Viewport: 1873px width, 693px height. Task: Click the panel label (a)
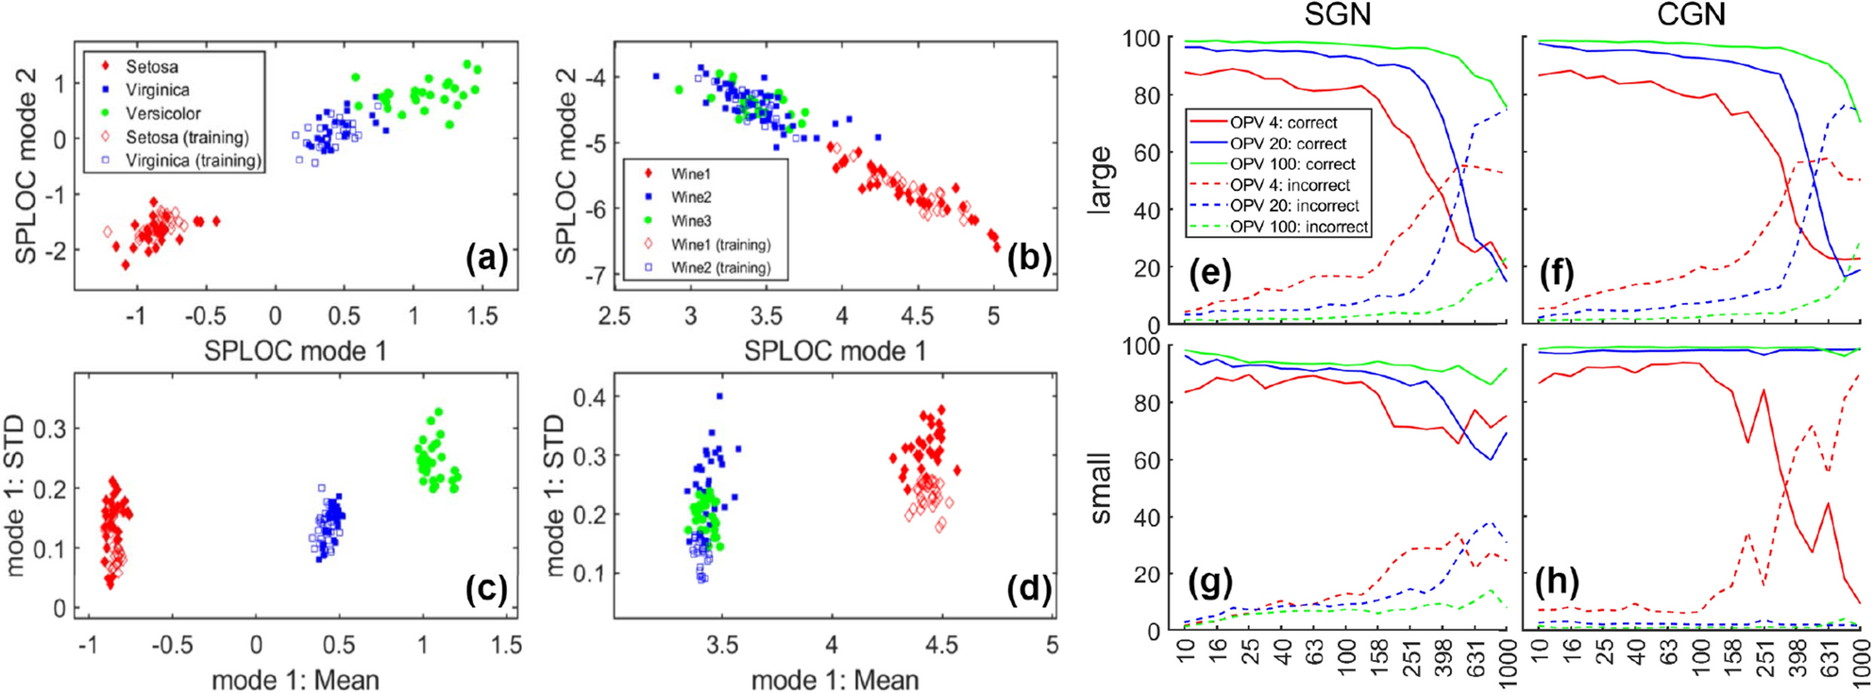(x=486, y=258)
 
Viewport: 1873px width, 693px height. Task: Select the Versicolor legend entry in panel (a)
(x=162, y=113)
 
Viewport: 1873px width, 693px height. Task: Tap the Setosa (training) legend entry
(x=187, y=137)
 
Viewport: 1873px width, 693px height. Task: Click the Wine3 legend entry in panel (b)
(x=690, y=221)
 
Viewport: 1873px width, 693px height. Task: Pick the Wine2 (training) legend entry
(x=720, y=268)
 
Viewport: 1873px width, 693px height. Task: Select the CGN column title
(x=1691, y=15)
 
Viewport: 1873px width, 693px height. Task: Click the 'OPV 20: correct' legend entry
(x=1288, y=144)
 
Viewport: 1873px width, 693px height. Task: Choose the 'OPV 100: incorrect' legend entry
(x=1298, y=227)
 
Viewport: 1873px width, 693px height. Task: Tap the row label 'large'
(x=1099, y=180)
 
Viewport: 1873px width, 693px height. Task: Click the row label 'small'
(x=1099, y=488)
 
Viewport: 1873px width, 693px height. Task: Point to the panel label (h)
(x=1557, y=582)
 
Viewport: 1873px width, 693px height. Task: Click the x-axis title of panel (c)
(x=295, y=680)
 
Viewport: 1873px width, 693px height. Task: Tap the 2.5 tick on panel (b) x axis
(x=615, y=316)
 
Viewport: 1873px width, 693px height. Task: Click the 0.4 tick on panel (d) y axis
(x=590, y=397)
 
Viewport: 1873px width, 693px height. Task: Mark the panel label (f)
(x=1557, y=274)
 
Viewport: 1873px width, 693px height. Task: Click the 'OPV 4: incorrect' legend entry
(x=1290, y=185)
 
